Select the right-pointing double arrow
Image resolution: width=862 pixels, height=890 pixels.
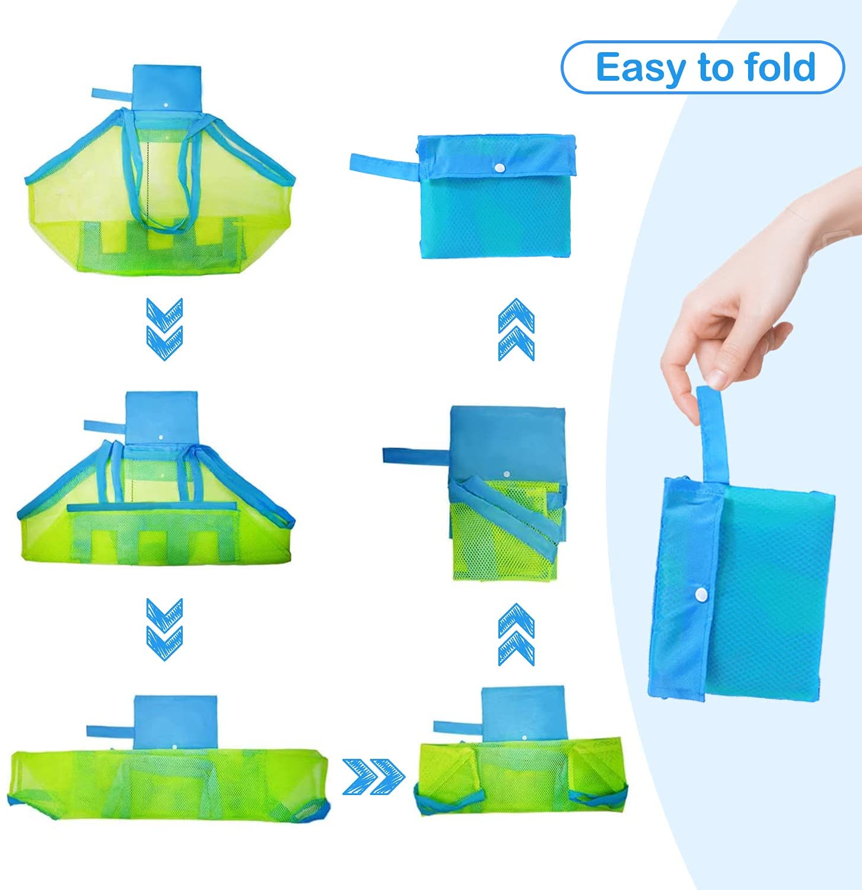374,775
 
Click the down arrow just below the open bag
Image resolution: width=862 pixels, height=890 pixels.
164,329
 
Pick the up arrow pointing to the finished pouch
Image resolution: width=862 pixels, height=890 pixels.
516,329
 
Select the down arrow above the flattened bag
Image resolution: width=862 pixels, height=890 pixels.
164,630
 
